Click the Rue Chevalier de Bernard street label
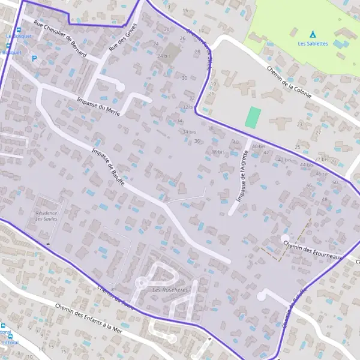60,41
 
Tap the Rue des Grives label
123,37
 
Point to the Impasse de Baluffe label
109,166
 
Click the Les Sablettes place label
313,44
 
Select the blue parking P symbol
34,59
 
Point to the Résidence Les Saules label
46,216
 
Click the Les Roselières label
170,290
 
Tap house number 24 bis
164,56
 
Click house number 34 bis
189,131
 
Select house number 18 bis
218,152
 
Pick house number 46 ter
322,173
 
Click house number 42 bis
284,160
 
